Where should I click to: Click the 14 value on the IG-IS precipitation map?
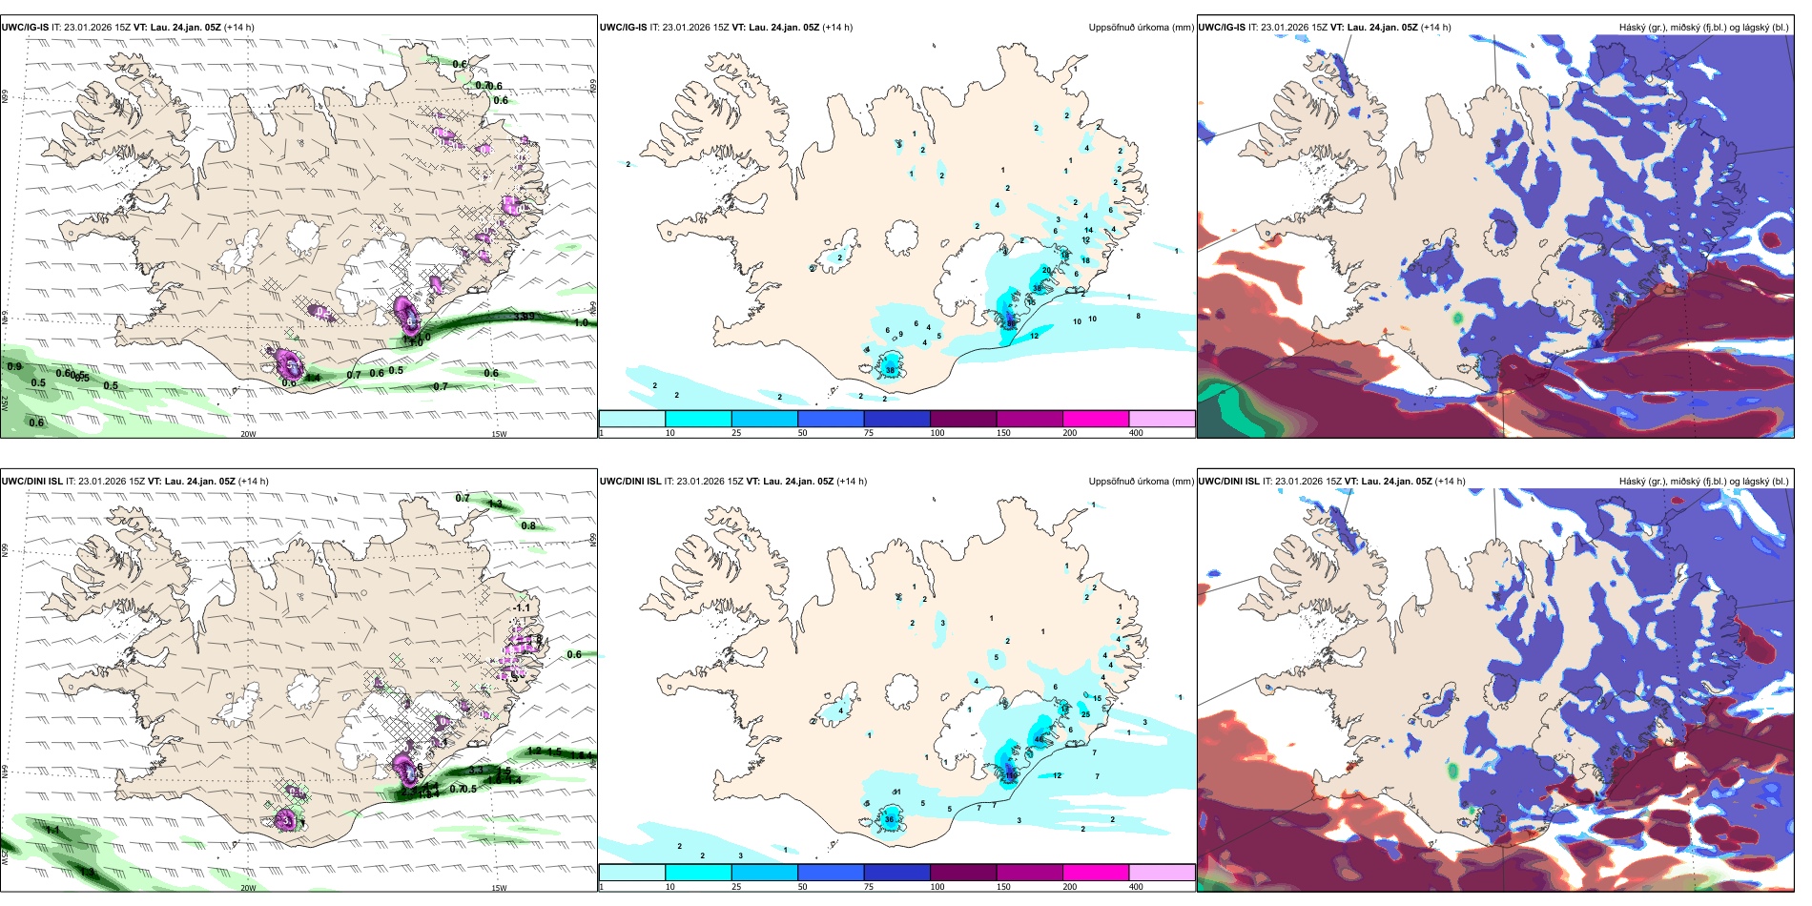click(x=1088, y=230)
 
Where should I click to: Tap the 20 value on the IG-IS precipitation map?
click(x=1046, y=271)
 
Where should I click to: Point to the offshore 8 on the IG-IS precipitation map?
click(x=1138, y=316)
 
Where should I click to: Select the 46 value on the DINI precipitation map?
click(x=1040, y=740)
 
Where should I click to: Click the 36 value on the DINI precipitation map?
click(x=889, y=819)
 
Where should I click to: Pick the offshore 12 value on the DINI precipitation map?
click(x=1057, y=775)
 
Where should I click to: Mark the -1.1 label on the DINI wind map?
click(x=522, y=607)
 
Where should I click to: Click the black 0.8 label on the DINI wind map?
click(x=528, y=525)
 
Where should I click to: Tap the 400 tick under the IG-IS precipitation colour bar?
click(x=1136, y=433)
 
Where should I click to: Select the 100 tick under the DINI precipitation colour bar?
click(x=937, y=887)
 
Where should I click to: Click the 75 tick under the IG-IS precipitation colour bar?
click(x=869, y=433)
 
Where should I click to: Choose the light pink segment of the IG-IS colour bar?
click(x=1162, y=419)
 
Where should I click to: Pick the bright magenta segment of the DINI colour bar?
click(x=1096, y=873)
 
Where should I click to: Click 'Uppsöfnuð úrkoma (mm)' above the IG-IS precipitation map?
click(x=1141, y=28)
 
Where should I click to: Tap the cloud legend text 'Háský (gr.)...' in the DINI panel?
click(x=1703, y=482)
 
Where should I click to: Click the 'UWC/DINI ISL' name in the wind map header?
click(x=31, y=482)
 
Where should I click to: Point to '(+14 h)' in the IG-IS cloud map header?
click(x=1435, y=28)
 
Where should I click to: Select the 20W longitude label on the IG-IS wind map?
click(x=248, y=434)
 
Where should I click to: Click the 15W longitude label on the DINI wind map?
click(x=499, y=888)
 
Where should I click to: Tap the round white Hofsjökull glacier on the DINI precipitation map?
click(x=902, y=690)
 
